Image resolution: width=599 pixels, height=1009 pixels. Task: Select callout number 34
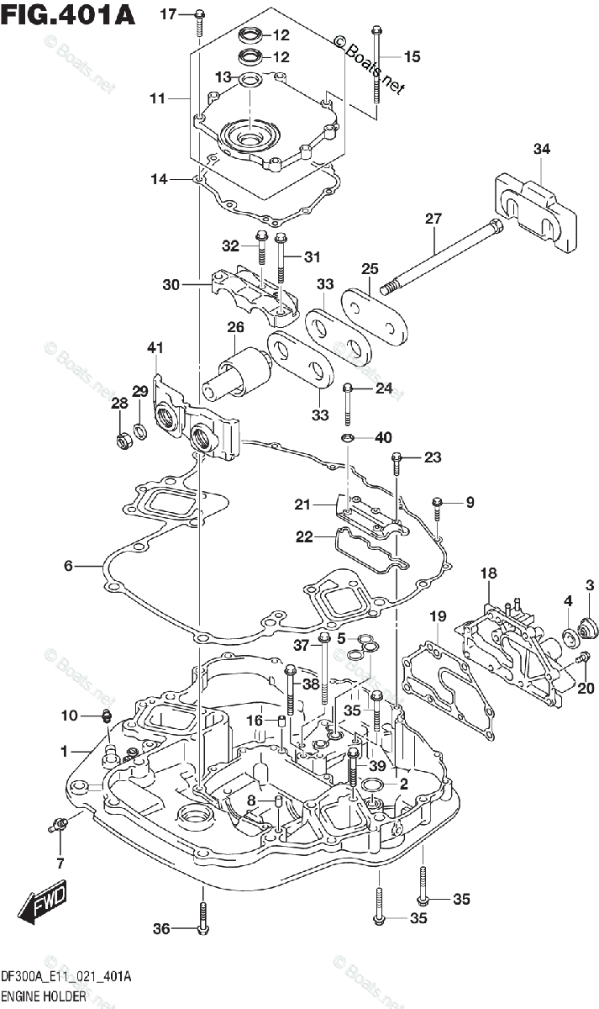[x=542, y=150]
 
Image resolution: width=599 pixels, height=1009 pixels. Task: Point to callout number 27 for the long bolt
[x=433, y=219]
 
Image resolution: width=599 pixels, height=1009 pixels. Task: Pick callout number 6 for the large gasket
[x=68, y=567]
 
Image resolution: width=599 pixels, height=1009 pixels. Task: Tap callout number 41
[x=155, y=347]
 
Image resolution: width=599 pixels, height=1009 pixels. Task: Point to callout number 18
[x=489, y=573]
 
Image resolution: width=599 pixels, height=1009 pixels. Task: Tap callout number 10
[x=68, y=716]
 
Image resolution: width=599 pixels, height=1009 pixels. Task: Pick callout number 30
[x=171, y=284]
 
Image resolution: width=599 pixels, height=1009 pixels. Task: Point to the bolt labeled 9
[x=438, y=504]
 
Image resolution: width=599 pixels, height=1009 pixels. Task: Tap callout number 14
[x=160, y=178]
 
